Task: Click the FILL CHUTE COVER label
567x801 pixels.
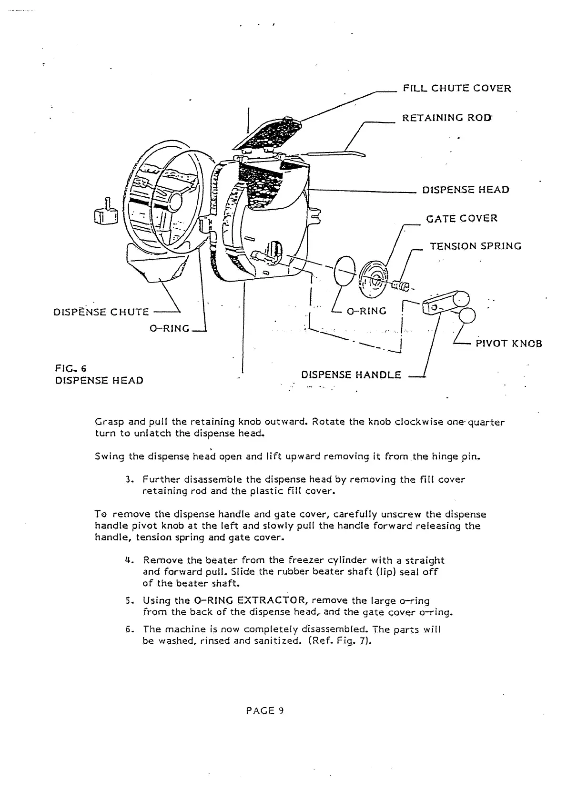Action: click(456, 89)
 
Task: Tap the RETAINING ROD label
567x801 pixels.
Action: click(447, 118)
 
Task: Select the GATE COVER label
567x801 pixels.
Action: click(461, 219)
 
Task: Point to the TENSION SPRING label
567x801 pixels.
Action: click(475, 246)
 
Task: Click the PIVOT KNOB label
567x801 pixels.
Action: click(508, 344)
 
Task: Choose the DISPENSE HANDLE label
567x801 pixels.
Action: click(351, 375)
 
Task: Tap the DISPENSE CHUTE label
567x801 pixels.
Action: click(101, 312)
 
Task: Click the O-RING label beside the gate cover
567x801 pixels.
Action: click(366, 312)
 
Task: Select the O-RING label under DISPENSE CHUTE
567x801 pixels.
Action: click(170, 329)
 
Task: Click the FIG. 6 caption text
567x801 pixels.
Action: click(70, 368)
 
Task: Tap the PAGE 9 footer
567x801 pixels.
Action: click(265, 710)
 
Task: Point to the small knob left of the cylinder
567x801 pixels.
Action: click(106, 214)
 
